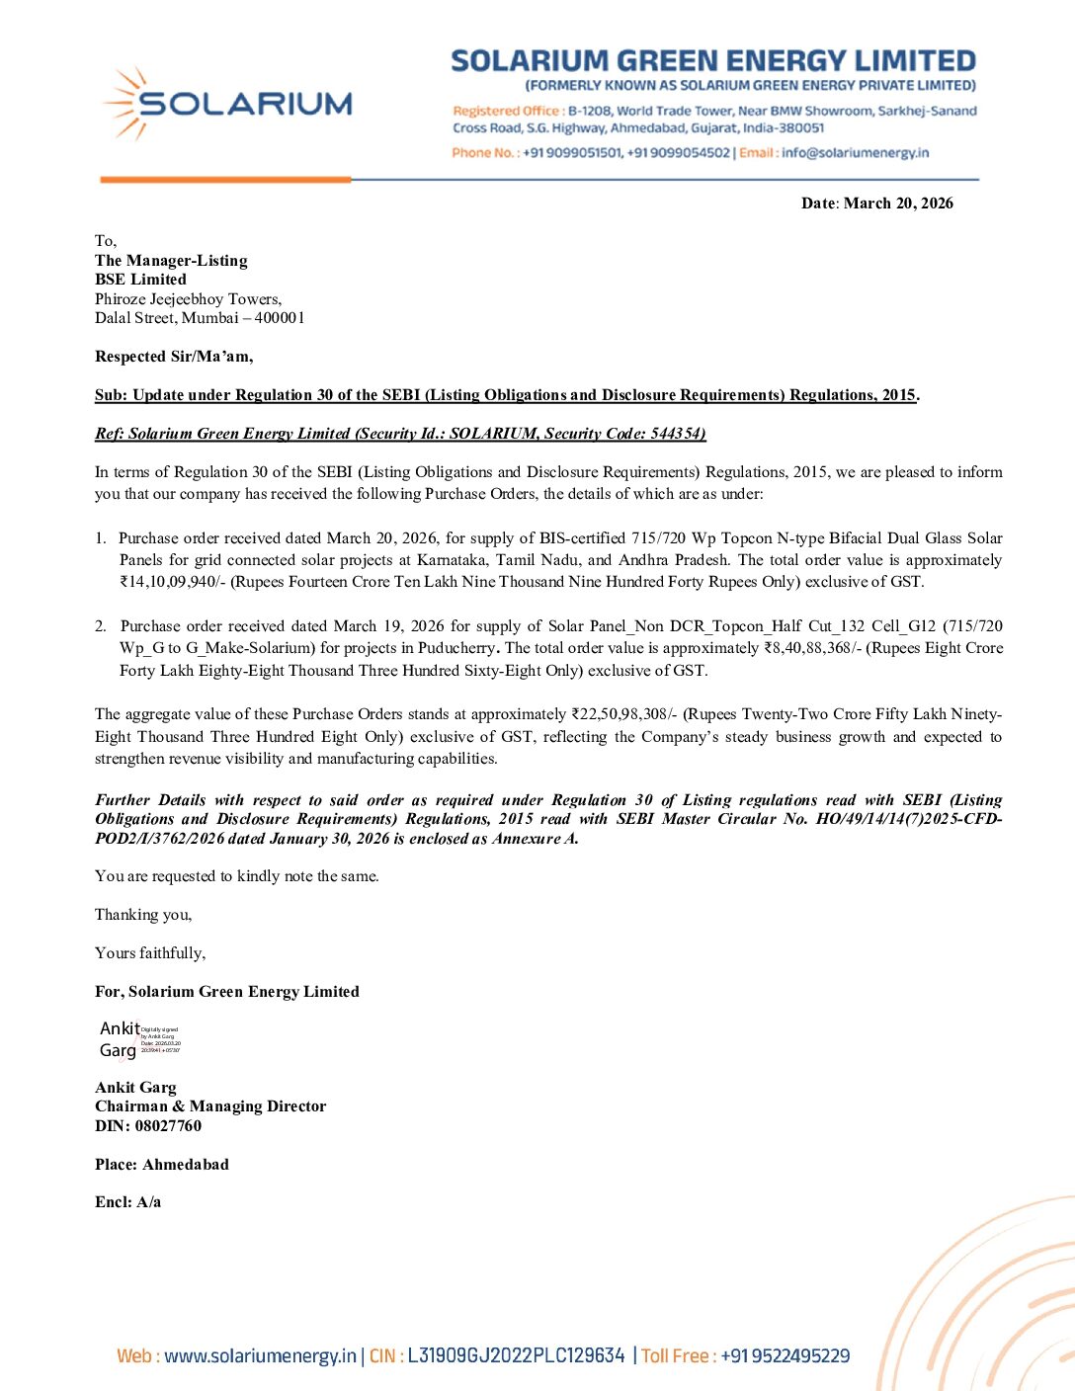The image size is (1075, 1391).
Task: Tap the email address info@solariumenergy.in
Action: click(x=855, y=153)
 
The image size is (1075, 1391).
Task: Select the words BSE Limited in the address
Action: click(x=140, y=280)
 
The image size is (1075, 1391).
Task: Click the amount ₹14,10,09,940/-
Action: click(x=173, y=582)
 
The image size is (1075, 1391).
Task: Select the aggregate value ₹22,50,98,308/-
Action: click(x=624, y=714)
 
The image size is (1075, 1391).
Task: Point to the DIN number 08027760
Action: click(x=168, y=1126)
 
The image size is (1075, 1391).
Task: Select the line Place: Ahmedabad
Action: click(x=162, y=1165)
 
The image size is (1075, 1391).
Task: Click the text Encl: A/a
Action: click(x=128, y=1202)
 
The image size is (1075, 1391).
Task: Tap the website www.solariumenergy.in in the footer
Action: click(x=260, y=1356)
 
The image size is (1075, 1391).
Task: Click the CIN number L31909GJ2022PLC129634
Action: click(x=516, y=1356)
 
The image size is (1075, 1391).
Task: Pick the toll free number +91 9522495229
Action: click(x=785, y=1356)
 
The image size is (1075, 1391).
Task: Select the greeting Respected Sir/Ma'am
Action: click(x=174, y=357)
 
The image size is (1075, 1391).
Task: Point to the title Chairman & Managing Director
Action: click(x=210, y=1106)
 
